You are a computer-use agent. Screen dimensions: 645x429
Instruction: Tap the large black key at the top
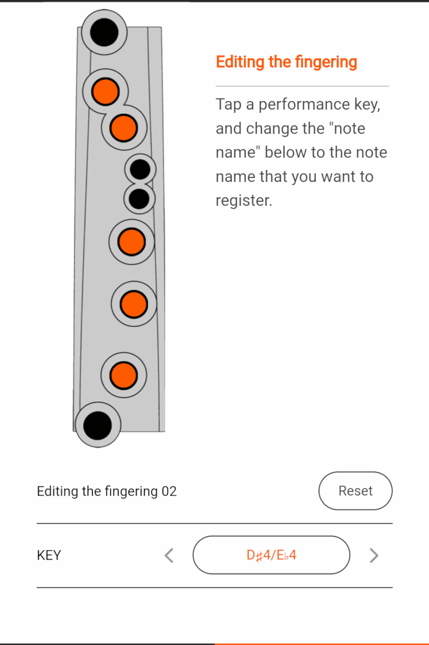coord(104,32)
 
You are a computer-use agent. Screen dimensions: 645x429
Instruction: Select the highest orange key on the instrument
coord(105,92)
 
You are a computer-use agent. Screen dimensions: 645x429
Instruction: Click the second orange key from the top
coord(123,128)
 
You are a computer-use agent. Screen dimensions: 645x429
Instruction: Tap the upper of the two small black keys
coord(140,170)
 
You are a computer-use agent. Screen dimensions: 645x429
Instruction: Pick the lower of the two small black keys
coord(139,199)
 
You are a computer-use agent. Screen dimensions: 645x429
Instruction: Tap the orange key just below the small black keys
coord(131,242)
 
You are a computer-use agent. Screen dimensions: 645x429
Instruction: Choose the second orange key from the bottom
coord(133,304)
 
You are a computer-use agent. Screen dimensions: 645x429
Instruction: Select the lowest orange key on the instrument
coord(123,375)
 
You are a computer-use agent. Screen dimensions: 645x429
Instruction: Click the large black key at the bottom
coord(98,425)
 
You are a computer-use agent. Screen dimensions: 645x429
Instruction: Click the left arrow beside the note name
coord(169,555)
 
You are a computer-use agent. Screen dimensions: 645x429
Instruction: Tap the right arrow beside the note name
coord(374,555)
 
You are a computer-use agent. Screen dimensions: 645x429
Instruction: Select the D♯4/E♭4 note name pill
coord(271,555)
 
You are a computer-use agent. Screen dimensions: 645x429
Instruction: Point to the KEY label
coord(49,555)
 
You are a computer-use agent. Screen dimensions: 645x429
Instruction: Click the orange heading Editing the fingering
coord(287,62)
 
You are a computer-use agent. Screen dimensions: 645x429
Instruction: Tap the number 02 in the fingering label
coord(169,491)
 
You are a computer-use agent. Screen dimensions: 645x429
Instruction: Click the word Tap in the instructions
coord(228,104)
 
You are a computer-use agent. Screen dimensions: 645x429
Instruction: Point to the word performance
coord(304,104)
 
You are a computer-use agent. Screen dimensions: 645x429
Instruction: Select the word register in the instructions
coord(244,201)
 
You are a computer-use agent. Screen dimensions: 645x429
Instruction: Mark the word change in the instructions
coord(271,129)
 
